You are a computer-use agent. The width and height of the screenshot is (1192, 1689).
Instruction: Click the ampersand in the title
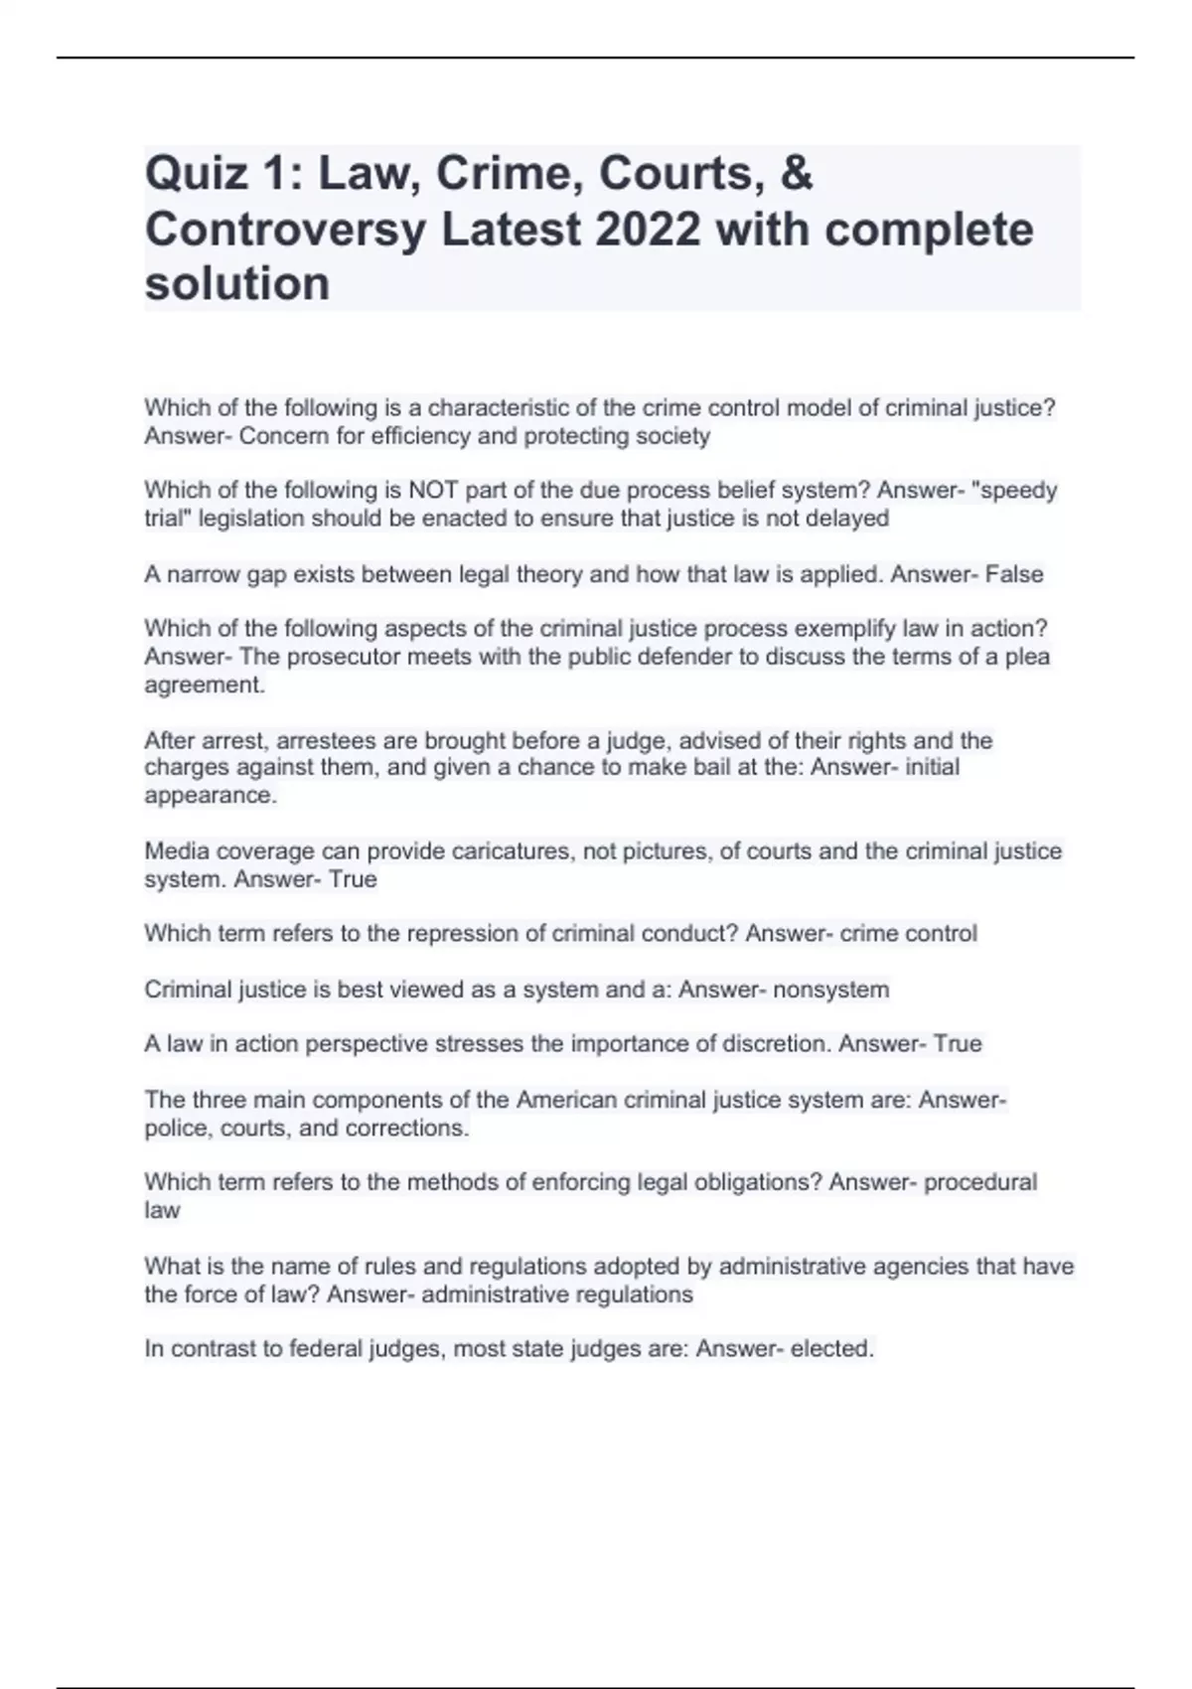pos(797,174)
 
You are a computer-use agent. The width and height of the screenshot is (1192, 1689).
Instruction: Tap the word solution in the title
pos(237,284)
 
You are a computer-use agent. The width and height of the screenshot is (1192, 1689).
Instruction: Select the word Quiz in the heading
pos(196,174)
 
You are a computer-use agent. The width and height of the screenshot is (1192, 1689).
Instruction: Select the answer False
pos(1014,574)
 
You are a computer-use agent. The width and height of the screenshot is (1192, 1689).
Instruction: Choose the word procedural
pos(980,1182)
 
